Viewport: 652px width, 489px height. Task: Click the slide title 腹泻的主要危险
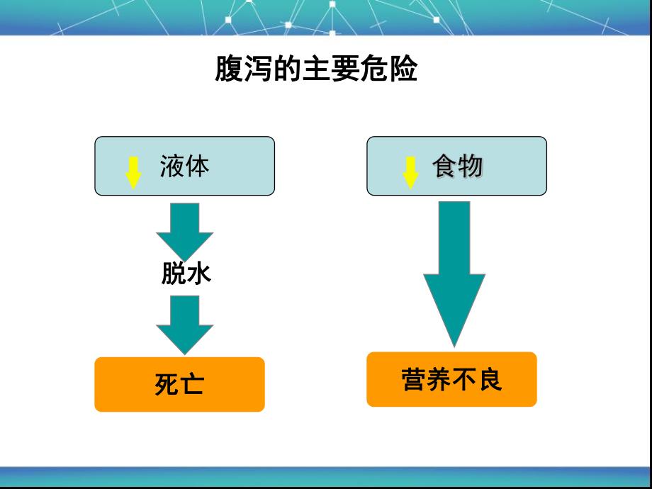(x=316, y=69)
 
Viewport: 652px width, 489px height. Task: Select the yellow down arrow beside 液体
(x=133, y=172)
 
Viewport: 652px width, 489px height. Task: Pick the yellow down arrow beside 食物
(x=410, y=172)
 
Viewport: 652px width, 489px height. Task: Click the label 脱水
(x=186, y=274)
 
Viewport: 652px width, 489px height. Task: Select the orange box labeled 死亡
(x=179, y=384)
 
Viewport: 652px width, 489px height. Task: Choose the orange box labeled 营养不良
(x=451, y=379)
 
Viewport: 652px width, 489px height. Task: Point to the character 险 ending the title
(x=404, y=69)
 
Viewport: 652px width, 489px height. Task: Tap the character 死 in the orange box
(x=167, y=384)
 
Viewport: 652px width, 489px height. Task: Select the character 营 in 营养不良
(x=413, y=379)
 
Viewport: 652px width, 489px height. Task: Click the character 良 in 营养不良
(x=490, y=379)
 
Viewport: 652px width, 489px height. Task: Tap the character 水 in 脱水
(x=198, y=274)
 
